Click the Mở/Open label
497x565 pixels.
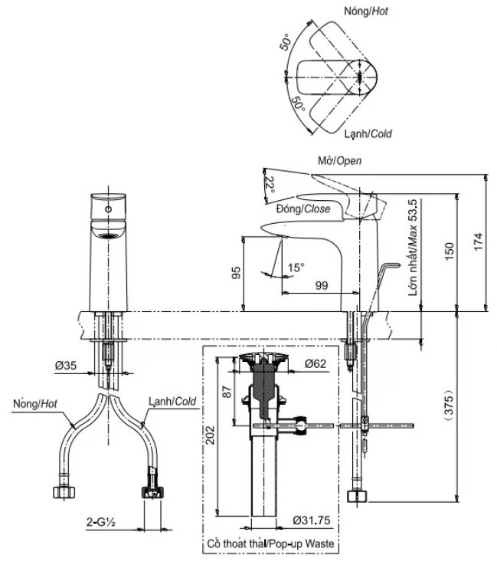[x=338, y=161]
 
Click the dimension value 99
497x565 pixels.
[x=321, y=285]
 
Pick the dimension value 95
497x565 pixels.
[x=237, y=273]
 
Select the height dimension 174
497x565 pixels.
[x=479, y=243]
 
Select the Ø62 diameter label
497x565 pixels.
[x=315, y=364]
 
